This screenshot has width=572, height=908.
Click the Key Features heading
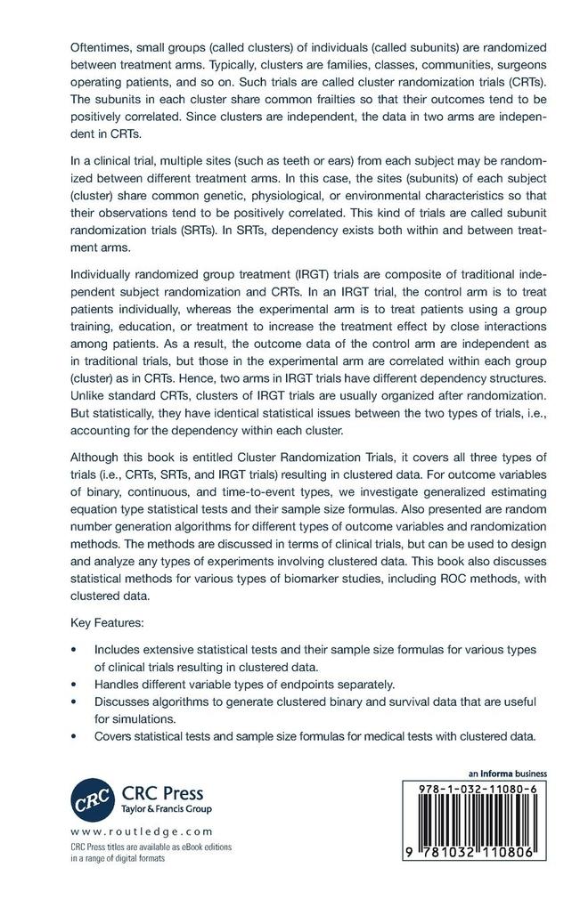coord(107,625)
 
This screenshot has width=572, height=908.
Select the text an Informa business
coord(507,774)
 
